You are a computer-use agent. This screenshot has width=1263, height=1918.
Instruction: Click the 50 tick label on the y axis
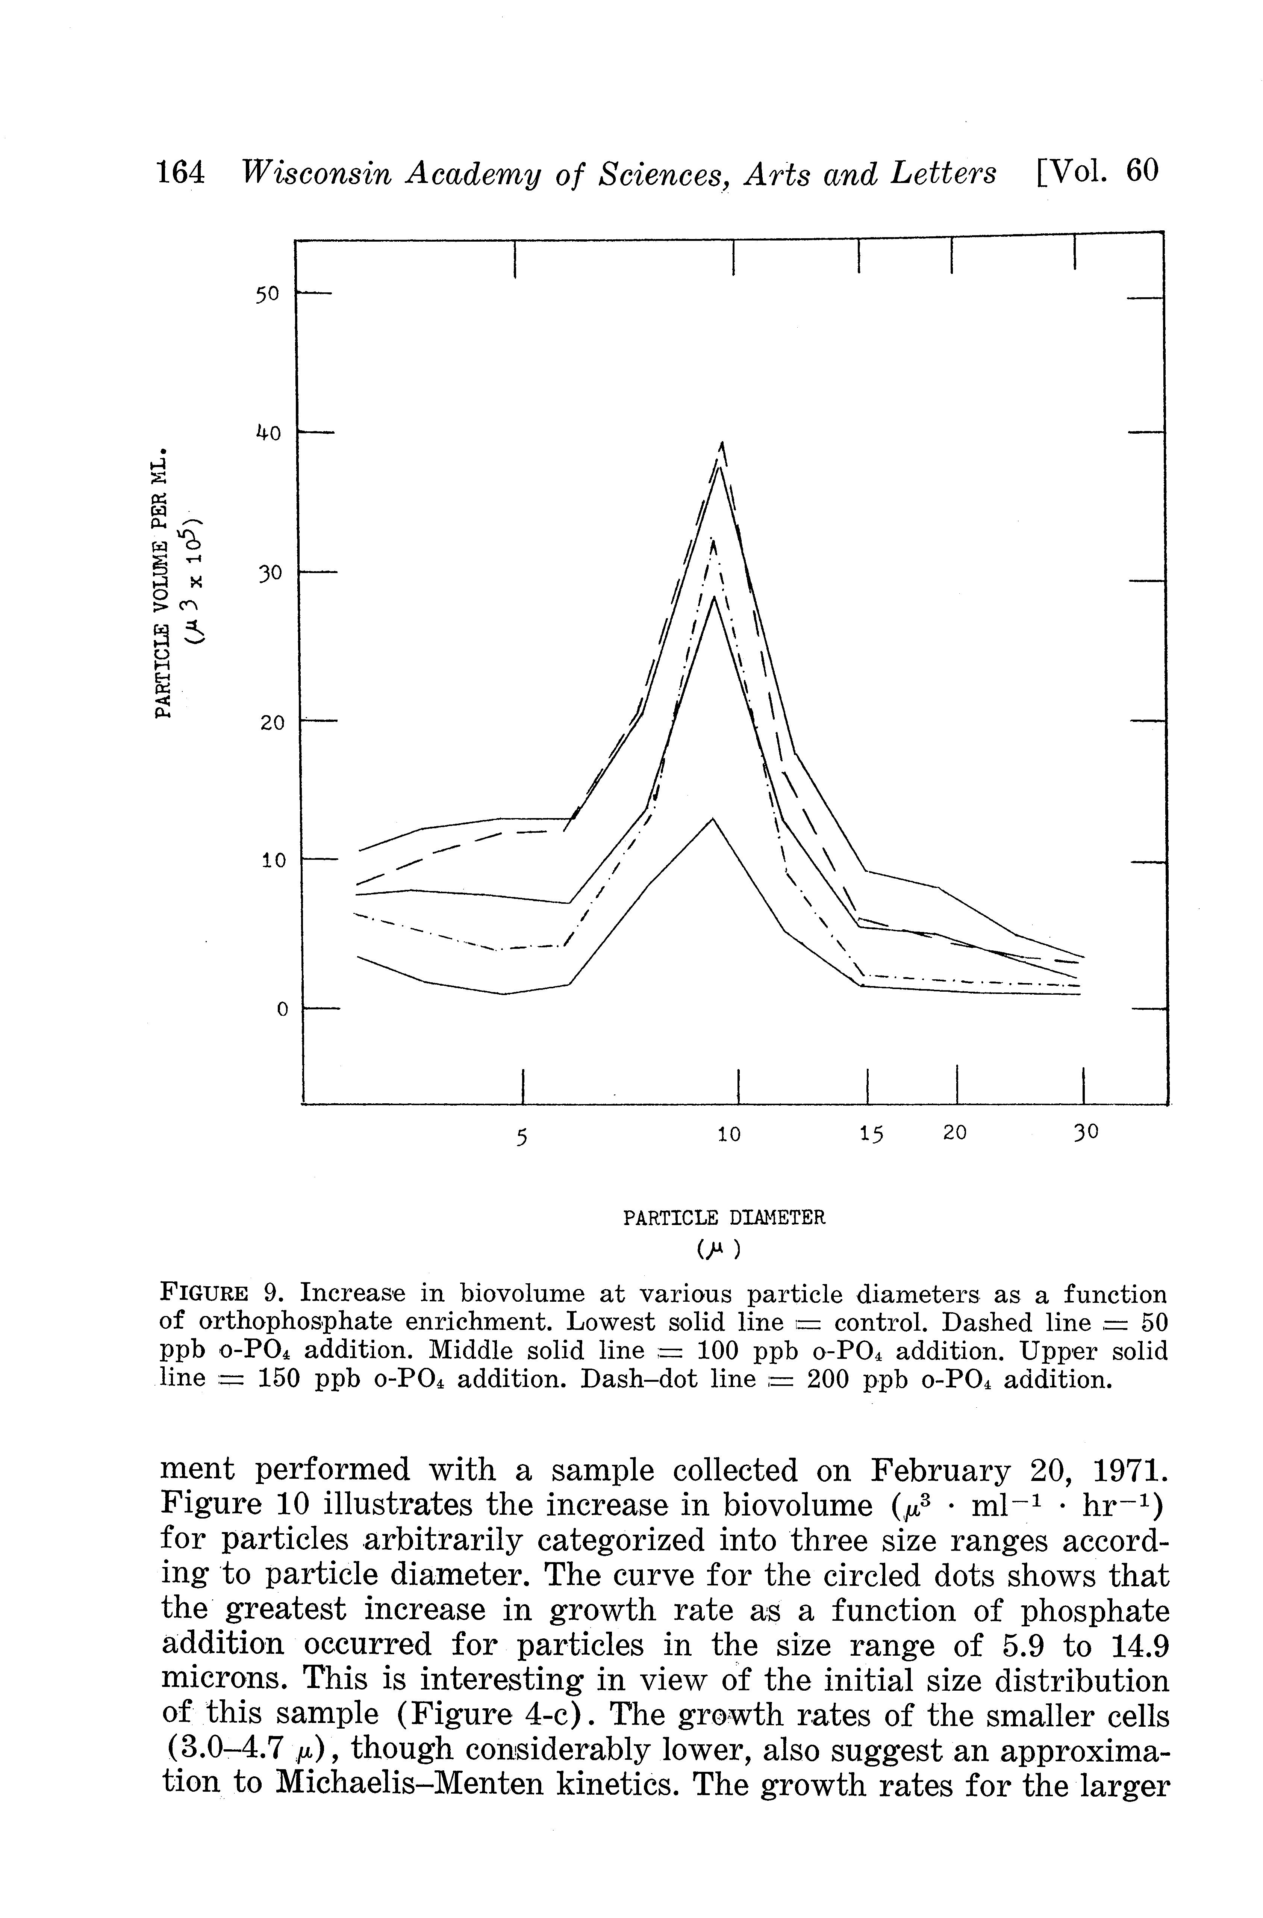pos(267,295)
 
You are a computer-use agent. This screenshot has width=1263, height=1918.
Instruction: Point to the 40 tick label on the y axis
pos(267,434)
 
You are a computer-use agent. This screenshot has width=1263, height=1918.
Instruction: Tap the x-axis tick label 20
pos(954,1133)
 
